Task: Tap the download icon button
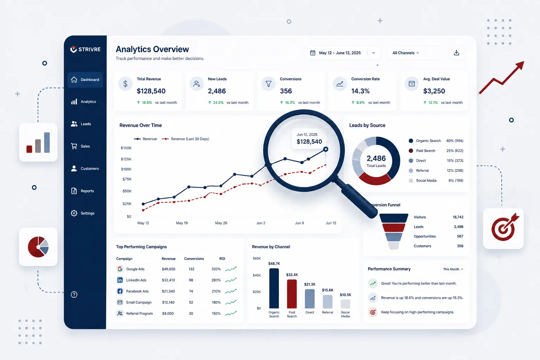[456, 53]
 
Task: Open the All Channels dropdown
[406, 53]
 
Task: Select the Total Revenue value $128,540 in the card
[151, 91]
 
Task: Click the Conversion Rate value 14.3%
[360, 91]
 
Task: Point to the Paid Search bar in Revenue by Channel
[292, 294]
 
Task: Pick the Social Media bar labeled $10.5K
[345, 304]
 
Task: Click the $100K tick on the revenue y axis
[126, 169]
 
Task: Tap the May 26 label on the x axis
[221, 223]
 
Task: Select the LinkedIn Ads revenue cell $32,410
[168, 280]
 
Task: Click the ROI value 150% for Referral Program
[216, 314]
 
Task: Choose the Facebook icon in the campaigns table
[120, 291]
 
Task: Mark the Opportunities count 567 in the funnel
[460, 236]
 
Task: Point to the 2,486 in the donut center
[376, 159]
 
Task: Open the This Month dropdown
[453, 269]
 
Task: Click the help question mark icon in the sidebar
[74, 295]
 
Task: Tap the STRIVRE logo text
[89, 50]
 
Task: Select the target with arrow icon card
[503, 229]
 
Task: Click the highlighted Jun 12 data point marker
[326, 149]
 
